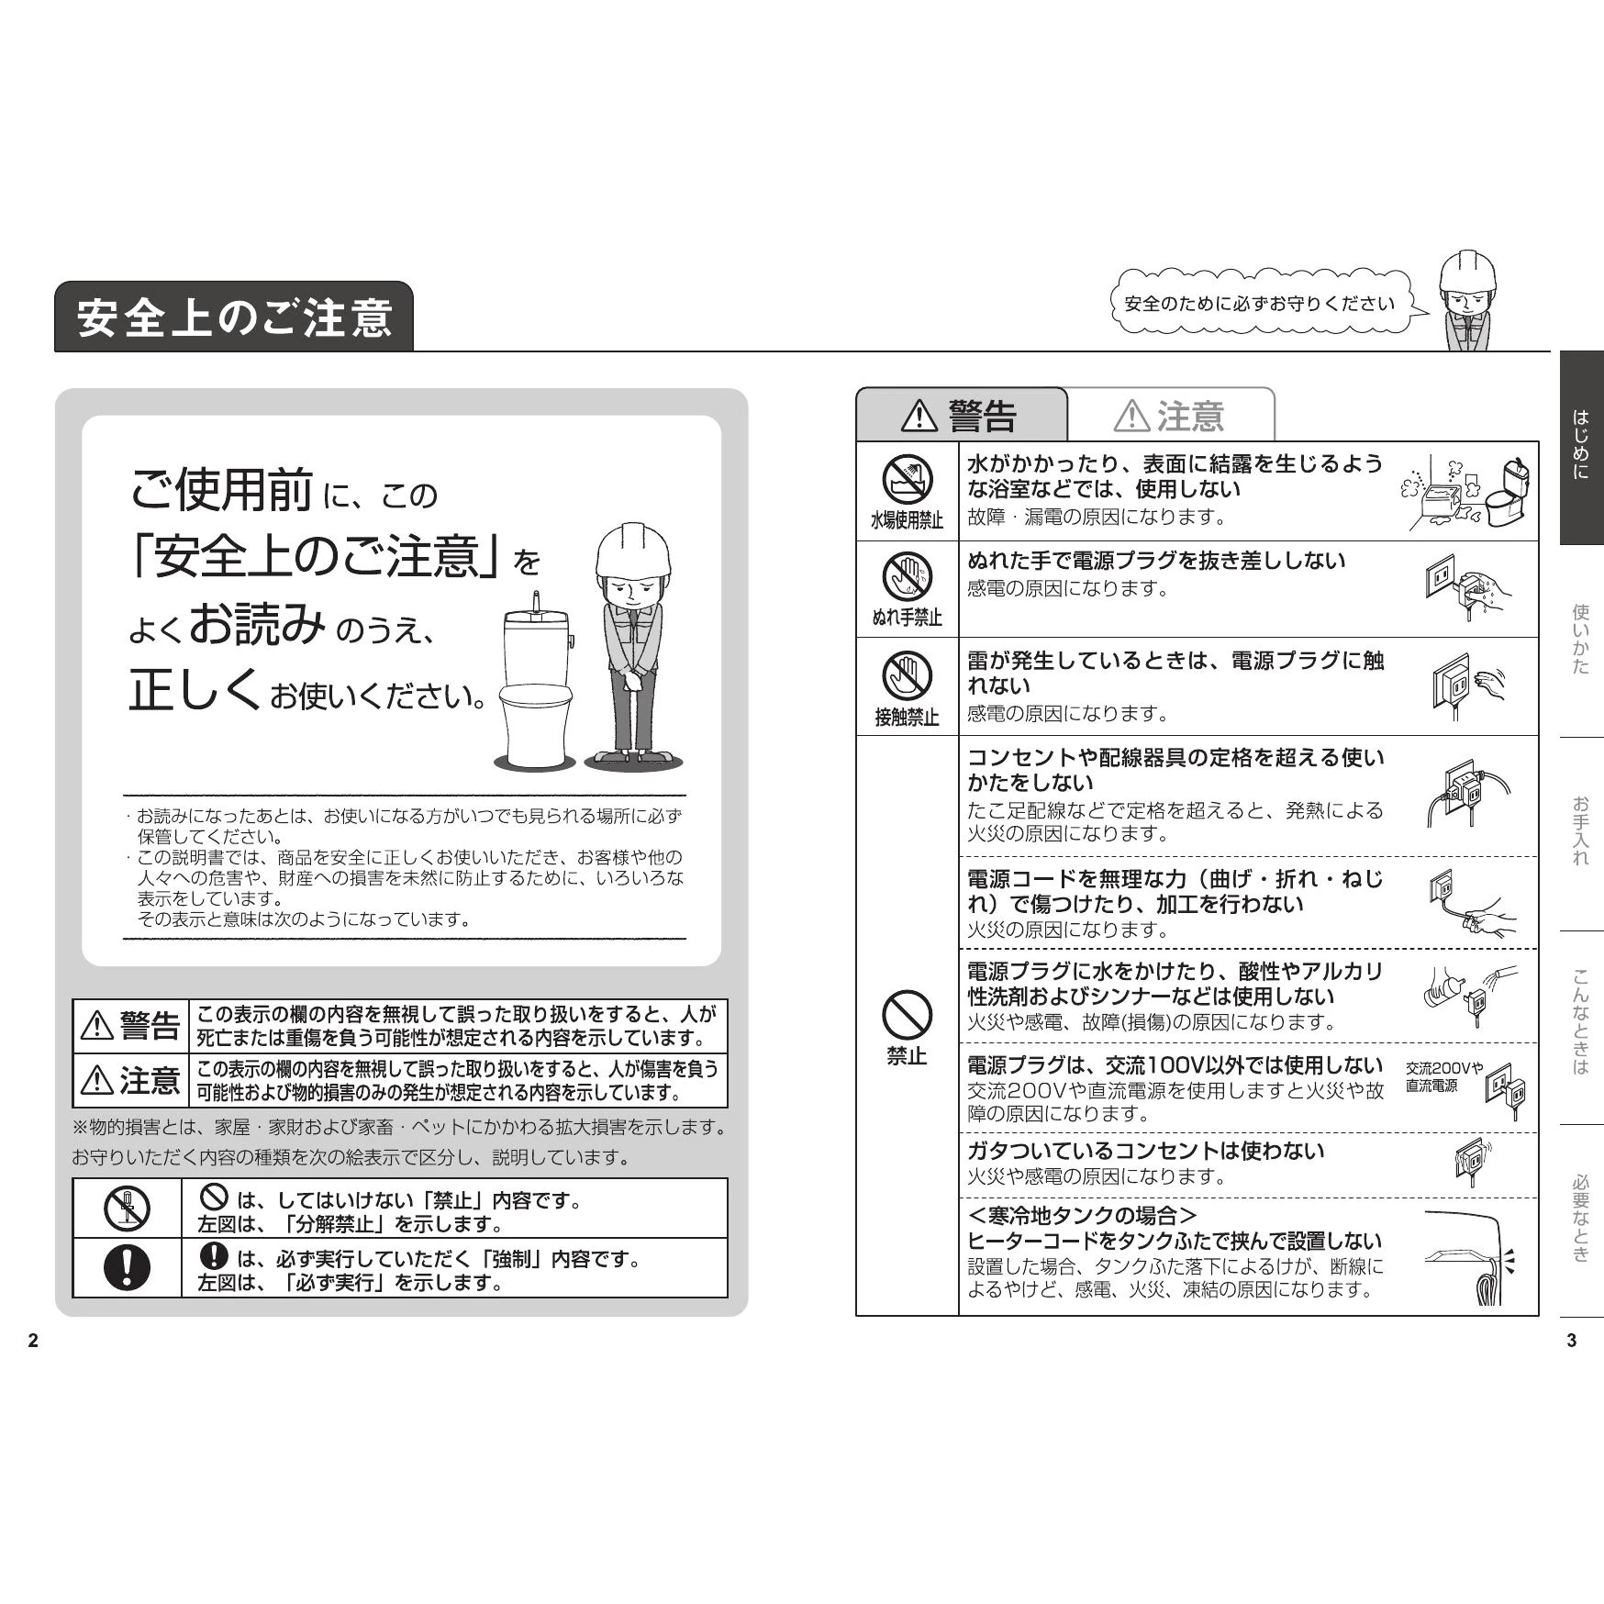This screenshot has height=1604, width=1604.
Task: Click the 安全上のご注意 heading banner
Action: tap(234, 317)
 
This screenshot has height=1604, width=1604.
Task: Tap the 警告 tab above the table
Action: tap(962, 416)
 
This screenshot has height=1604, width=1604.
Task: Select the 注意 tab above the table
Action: tap(1171, 416)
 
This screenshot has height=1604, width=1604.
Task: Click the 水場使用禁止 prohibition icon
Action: tap(907, 480)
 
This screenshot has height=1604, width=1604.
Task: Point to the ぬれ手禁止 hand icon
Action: tap(907, 576)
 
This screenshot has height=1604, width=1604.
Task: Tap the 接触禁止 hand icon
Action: tap(907, 675)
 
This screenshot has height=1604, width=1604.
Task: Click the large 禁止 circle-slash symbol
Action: tap(907, 1015)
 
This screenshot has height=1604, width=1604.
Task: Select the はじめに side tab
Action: tap(1581, 448)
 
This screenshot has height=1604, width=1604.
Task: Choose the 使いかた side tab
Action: tap(1581, 640)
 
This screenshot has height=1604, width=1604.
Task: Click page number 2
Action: tap(34, 1341)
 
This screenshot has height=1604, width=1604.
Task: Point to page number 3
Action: tap(1572, 1341)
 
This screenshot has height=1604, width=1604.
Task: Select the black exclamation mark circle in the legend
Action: tap(127, 1267)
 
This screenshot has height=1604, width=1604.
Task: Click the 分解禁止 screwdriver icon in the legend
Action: tap(127, 1209)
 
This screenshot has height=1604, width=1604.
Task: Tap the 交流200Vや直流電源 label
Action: tap(1443, 1077)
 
